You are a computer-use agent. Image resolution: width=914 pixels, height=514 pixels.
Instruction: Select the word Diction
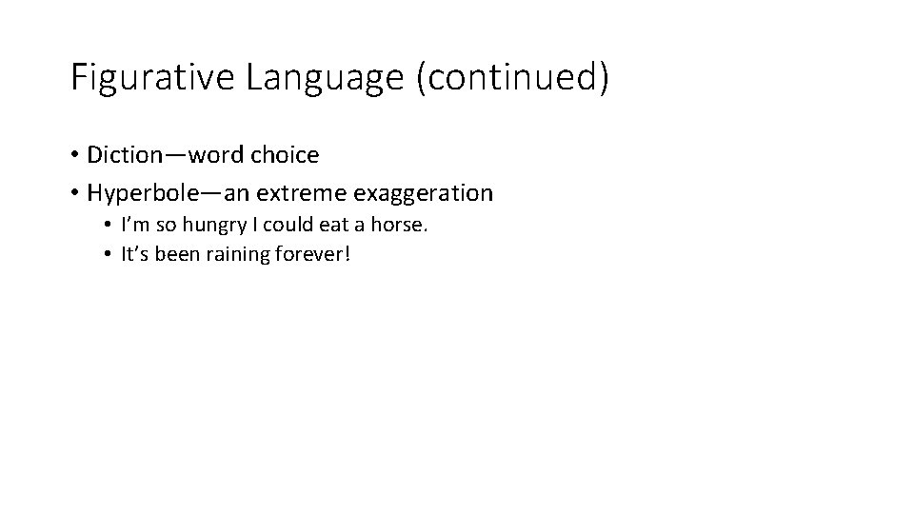click(123, 154)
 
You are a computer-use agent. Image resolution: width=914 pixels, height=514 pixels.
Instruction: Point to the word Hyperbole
click(140, 193)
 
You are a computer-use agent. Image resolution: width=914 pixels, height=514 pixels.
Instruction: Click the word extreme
click(302, 193)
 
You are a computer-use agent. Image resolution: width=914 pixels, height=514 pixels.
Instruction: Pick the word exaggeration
click(424, 193)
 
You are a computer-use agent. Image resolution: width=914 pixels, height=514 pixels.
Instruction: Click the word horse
click(404, 227)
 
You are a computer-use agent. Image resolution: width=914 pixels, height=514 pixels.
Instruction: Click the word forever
click(312, 255)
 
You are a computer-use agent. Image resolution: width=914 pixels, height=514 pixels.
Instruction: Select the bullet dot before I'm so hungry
click(109, 227)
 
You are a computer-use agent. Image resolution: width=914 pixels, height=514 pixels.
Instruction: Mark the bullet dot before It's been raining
click(109, 255)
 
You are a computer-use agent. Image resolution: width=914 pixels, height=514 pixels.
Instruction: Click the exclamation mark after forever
click(348, 255)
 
